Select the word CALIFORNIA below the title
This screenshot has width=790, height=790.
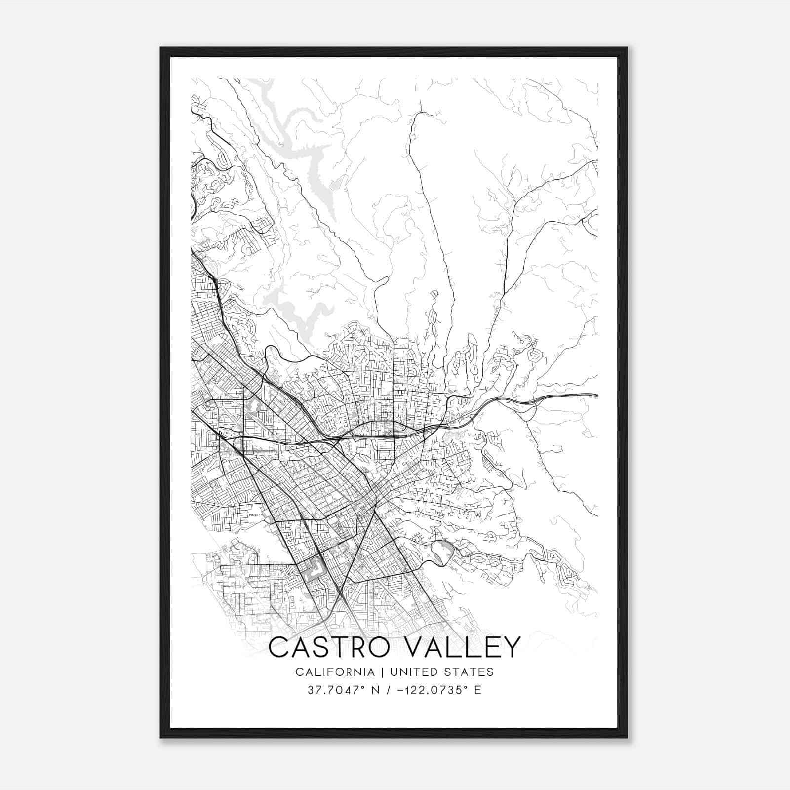click(x=334, y=672)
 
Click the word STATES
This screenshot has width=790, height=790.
click(x=471, y=672)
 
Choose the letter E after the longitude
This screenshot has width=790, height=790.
click(x=477, y=690)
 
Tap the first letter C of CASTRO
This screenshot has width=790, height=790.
click(x=280, y=647)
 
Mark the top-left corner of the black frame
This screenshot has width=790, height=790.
click(x=161, y=48)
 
